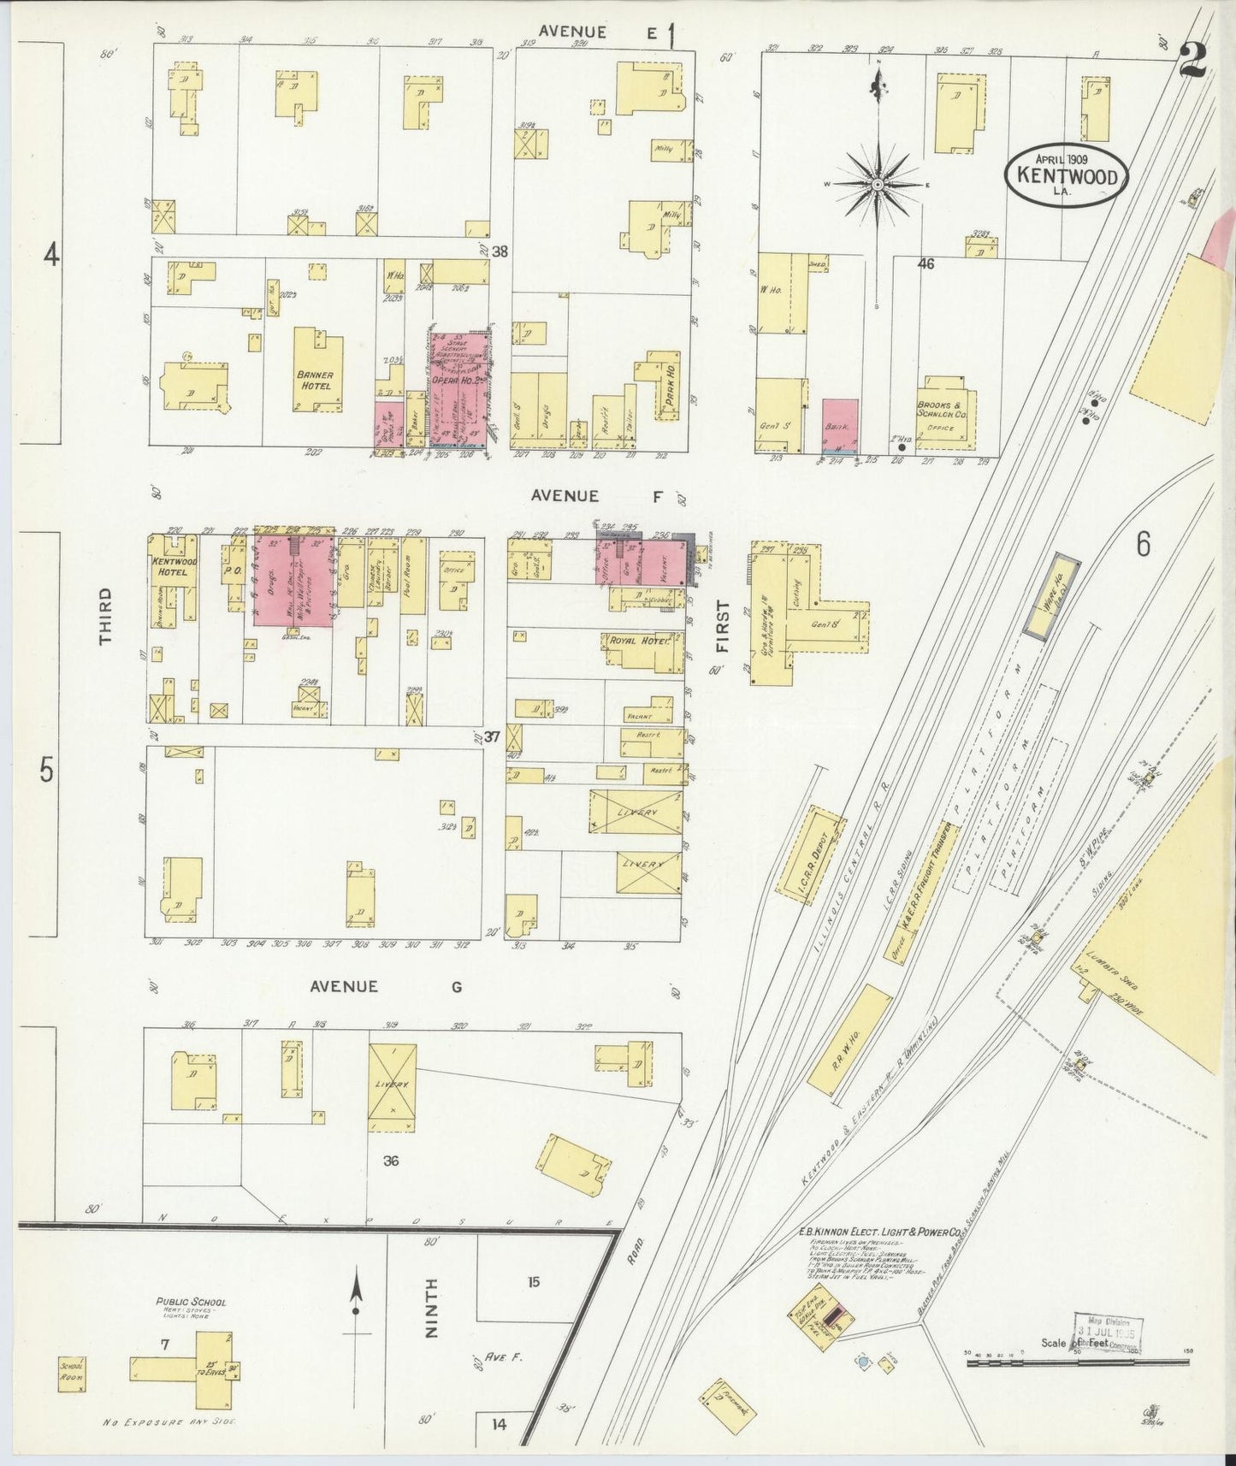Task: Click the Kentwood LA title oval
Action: coord(1065,173)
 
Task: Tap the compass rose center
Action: coord(878,183)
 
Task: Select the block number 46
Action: coord(926,264)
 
